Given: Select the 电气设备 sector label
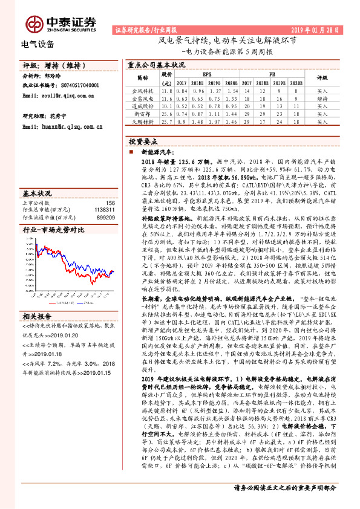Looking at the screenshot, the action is tap(38, 44).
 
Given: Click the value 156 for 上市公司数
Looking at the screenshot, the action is tap(110, 203).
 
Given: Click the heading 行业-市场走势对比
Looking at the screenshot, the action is tap(53, 230).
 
